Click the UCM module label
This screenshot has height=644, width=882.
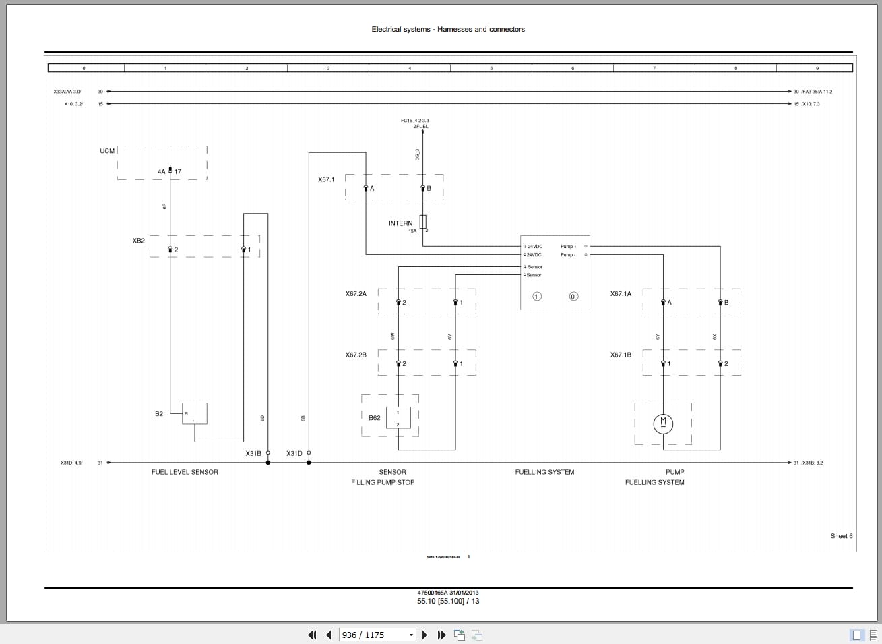[107, 151]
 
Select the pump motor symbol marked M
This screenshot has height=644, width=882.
[663, 423]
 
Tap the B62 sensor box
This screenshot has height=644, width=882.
[398, 418]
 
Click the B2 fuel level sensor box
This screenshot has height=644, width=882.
[194, 413]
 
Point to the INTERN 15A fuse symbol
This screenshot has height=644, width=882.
[423, 222]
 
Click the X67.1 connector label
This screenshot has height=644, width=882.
[326, 179]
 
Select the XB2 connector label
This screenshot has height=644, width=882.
[139, 241]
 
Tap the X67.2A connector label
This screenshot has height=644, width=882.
[356, 294]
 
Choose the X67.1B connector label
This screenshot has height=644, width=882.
[621, 355]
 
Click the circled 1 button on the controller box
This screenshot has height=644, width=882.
[537, 297]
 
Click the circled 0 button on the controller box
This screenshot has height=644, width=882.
[573, 297]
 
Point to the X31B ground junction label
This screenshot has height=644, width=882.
[253, 454]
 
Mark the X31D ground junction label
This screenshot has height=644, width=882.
[294, 454]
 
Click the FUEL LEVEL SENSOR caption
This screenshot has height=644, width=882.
[185, 472]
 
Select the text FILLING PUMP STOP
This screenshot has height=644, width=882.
[383, 482]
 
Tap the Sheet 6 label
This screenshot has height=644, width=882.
[841, 536]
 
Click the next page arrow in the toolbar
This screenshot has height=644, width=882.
[424, 635]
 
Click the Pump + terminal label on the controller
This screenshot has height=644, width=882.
[568, 247]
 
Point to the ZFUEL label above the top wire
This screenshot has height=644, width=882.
[420, 126]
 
